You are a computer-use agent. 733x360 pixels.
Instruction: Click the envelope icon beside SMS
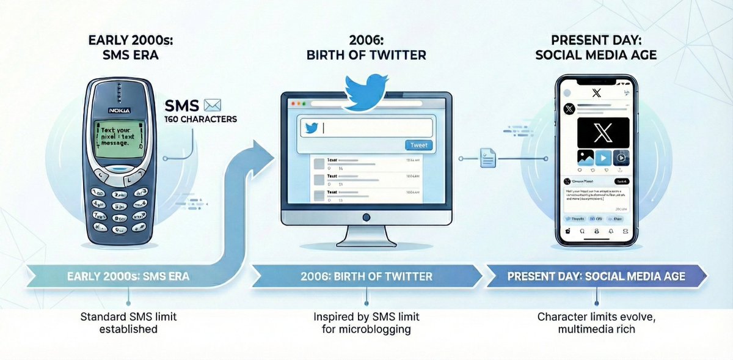point(213,105)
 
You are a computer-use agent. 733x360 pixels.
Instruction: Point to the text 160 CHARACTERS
point(200,119)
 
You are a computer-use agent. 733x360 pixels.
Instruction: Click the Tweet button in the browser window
point(419,145)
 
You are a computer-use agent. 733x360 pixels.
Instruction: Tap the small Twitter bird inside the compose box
point(312,128)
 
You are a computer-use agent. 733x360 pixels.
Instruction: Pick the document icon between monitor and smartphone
point(487,157)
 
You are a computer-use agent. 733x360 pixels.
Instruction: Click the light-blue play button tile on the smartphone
point(603,158)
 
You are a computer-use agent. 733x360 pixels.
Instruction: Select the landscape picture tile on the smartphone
point(585,158)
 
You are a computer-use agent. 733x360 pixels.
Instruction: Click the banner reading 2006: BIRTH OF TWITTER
point(366,276)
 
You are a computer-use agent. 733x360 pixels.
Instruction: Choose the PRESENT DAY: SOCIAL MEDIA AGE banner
point(596,276)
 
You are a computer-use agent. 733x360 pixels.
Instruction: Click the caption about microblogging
point(366,323)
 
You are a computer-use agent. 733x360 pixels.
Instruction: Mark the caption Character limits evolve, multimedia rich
point(596,323)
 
